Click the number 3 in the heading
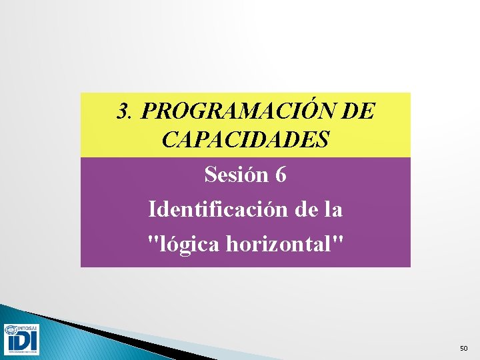[x=121, y=111]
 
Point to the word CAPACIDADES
[x=245, y=139]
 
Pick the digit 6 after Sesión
[x=281, y=175]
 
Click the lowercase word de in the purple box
[x=304, y=210]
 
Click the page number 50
[x=464, y=349]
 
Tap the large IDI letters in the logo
[x=21, y=343]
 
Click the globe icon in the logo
[x=11, y=331]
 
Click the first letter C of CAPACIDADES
[x=169, y=139]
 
